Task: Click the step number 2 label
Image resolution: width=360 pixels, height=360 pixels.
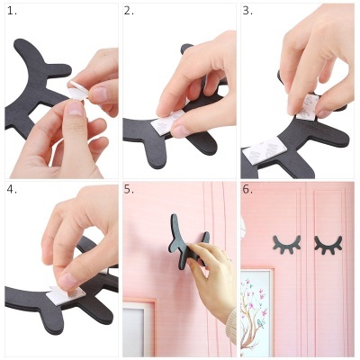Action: coord(129,12)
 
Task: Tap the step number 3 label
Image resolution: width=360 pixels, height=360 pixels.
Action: coord(247,12)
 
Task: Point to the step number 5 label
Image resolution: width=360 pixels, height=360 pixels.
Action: coord(129,190)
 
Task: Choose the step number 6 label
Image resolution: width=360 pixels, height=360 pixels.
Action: coord(247,190)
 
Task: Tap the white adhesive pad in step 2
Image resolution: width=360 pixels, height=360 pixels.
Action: coord(162,125)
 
